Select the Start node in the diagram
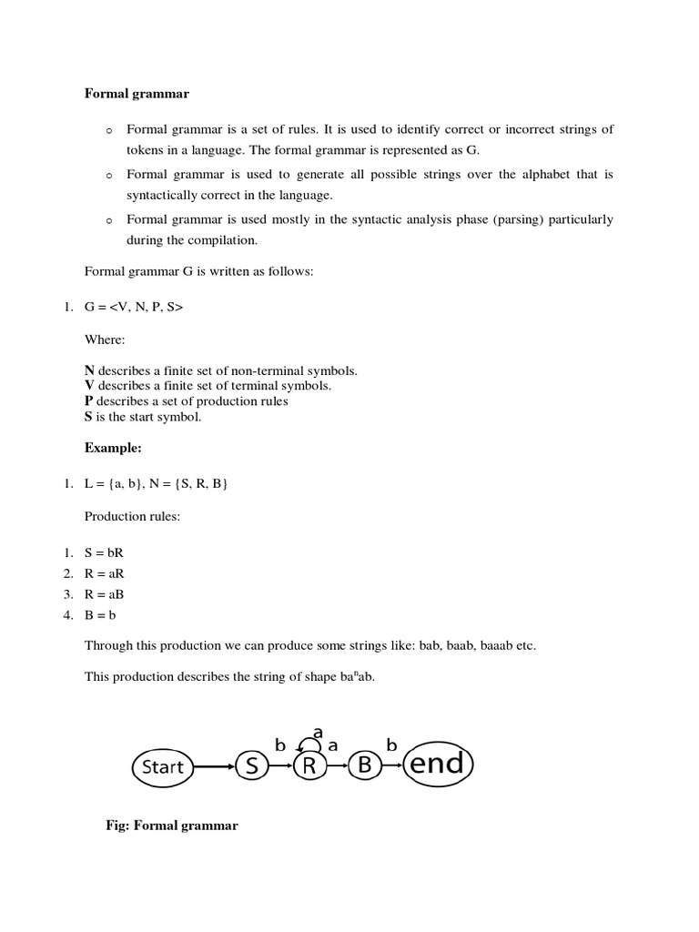tap(163, 766)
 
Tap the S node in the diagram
tap(252, 766)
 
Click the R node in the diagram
tap(309, 766)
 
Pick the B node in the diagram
tap(365, 766)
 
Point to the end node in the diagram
tap(437, 765)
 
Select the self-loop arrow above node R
tap(309, 745)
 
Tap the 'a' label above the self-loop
tap(318, 731)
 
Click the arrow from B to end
tap(392, 766)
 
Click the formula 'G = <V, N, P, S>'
tap(134, 308)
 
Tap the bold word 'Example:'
tap(114, 447)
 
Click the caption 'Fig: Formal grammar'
tap(172, 826)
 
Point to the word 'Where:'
tap(105, 339)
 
